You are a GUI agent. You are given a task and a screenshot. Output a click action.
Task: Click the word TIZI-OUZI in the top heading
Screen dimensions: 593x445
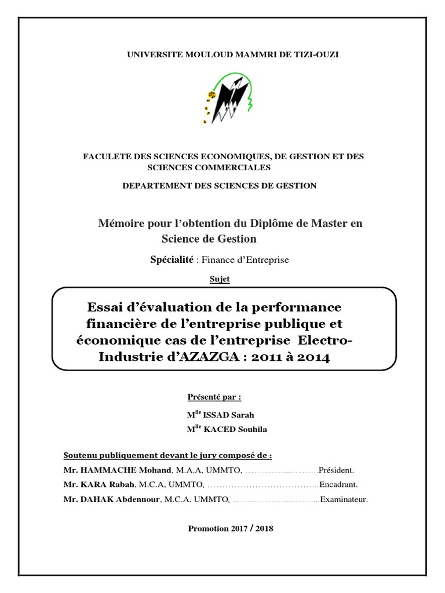pyautogui.click(x=318, y=54)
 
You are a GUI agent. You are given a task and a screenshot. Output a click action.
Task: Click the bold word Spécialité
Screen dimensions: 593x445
pyautogui.click(x=172, y=260)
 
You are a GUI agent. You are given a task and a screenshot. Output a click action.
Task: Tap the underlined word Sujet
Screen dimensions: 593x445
pyautogui.click(x=219, y=279)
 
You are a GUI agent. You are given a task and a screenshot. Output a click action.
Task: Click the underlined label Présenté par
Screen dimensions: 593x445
pyautogui.click(x=213, y=397)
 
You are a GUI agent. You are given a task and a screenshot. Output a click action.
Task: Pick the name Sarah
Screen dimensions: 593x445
pyautogui.click(x=243, y=415)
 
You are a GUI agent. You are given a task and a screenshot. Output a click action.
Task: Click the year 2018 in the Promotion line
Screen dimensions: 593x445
pyautogui.click(x=262, y=529)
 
